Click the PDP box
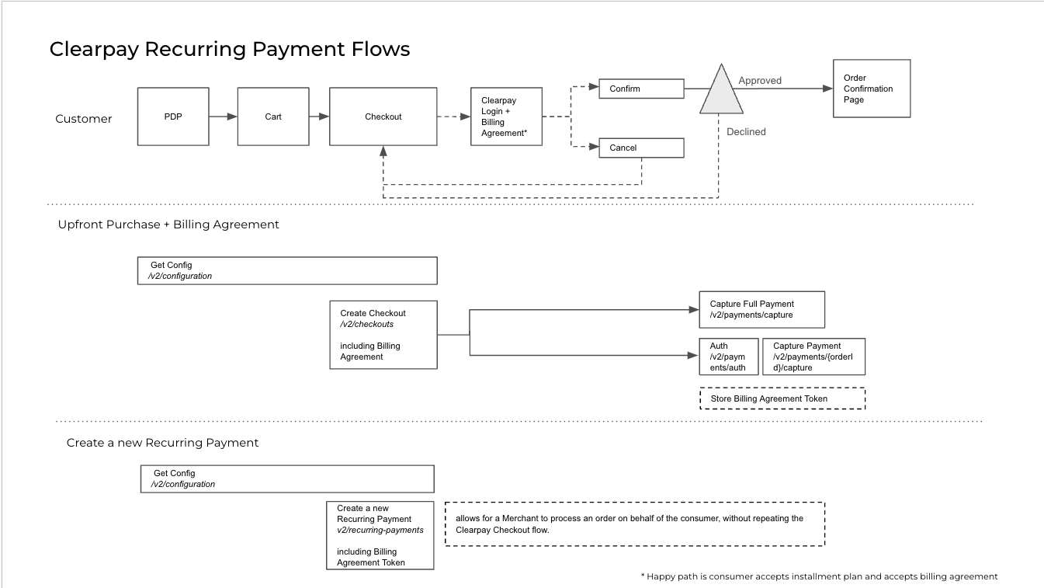pyautogui.click(x=173, y=117)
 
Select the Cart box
pyautogui.click(x=273, y=117)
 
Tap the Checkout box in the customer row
pyautogui.click(x=383, y=117)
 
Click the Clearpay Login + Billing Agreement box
pyautogui.click(x=506, y=117)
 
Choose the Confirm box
pyautogui.click(x=641, y=89)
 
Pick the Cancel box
pyautogui.click(x=641, y=148)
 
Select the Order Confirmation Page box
pyautogui.click(x=871, y=89)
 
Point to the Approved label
pyautogui.click(x=760, y=81)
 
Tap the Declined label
pyautogui.click(x=746, y=132)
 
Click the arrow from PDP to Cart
pyautogui.click(x=223, y=117)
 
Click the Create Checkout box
pyautogui.click(x=383, y=335)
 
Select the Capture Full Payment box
pyautogui.click(x=761, y=310)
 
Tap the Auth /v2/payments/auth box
pyautogui.click(x=728, y=357)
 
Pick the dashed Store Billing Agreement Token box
pyautogui.click(x=782, y=398)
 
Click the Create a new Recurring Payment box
pyautogui.click(x=380, y=536)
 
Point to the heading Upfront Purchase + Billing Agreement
pyautogui.click(x=168, y=224)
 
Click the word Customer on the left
pyautogui.click(x=84, y=119)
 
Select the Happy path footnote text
pyautogui.click(x=819, y=576)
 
